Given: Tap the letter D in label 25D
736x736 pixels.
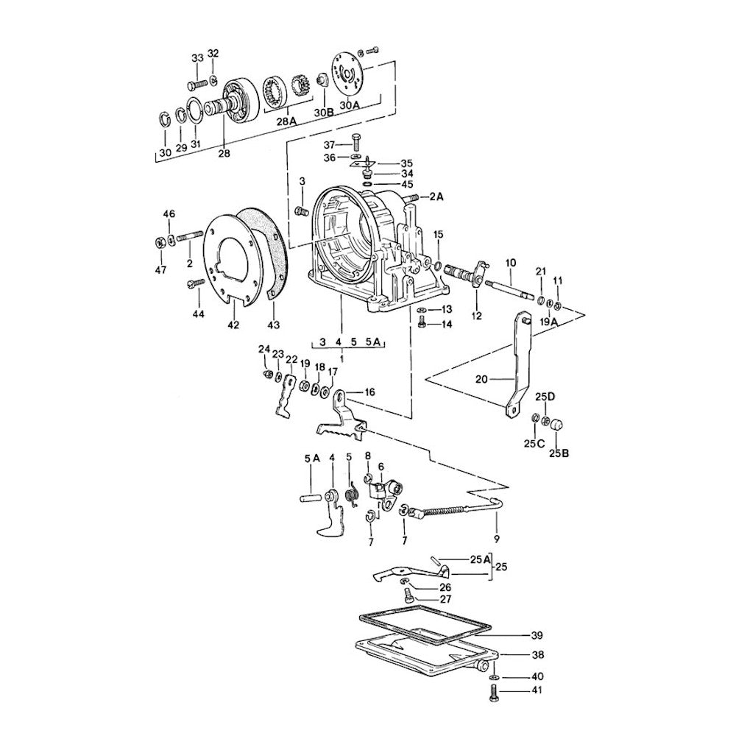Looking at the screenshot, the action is [x=551, y=397].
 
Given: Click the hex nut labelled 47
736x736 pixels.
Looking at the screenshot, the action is [x=160, y=243].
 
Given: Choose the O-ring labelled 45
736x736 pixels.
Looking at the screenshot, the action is [x=367, y=184].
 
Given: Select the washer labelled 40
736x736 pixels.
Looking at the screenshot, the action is [x=493, y=677].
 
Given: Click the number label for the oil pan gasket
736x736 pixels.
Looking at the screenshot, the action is [x=537, y=635].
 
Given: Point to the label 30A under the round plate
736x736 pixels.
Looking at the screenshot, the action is [x=349, y=105].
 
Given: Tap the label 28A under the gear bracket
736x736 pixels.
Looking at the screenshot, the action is [x=286, y=121].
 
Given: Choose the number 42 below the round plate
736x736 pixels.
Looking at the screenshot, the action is [x=233, y=325].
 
